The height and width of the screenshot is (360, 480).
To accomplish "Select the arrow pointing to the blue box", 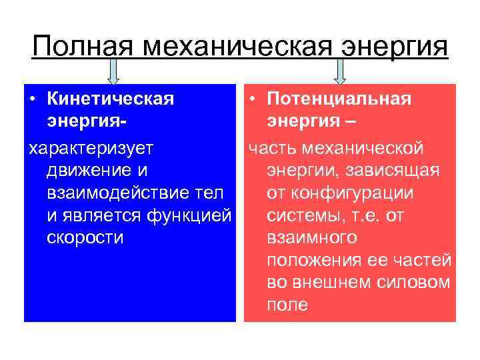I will click(x=113, y=71).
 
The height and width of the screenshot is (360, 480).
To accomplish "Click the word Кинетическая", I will click(x=110, y=99).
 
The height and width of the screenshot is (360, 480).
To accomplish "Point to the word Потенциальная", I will click(x=339, y=99).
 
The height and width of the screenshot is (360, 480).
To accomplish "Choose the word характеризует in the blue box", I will click(x=91, y=146).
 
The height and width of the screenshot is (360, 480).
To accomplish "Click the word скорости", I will click(x=85, y=238).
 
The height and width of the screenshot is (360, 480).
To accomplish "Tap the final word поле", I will click(x=287, y=305).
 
